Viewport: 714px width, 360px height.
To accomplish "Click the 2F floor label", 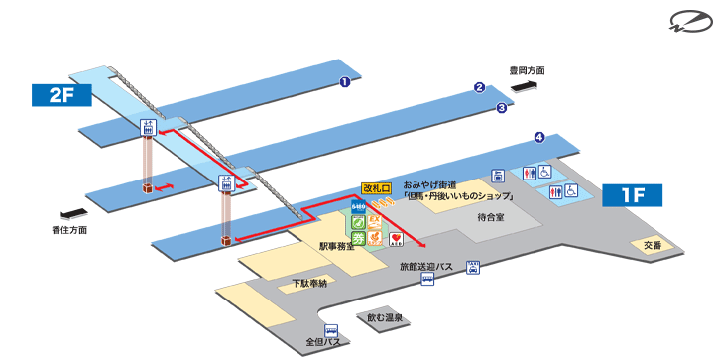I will [60, 95].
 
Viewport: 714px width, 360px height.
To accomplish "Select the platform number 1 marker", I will [344, 82].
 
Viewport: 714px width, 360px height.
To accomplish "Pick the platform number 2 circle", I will [479, 87].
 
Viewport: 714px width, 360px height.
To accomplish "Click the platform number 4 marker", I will [538, 137].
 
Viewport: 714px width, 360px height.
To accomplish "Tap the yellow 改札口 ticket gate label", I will [377, 186].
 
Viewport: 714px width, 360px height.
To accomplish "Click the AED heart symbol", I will [395, 238].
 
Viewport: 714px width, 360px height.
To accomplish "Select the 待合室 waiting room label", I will [491, 215].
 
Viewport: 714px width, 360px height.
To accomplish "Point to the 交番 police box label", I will [652, 244].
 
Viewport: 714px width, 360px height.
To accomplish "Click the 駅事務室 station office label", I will [337, 244].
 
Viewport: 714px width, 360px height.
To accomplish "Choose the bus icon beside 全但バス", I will [331, 331].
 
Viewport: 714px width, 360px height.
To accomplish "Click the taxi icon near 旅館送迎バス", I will [474, 267].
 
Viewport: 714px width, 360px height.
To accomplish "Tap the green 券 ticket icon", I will [356, 238].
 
